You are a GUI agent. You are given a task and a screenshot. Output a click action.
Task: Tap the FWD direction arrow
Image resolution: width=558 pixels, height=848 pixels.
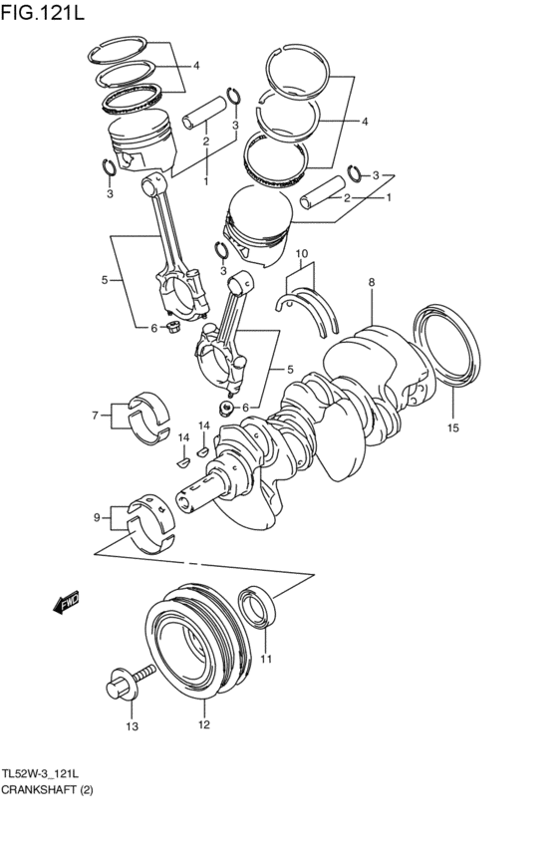click(x=67, y=602)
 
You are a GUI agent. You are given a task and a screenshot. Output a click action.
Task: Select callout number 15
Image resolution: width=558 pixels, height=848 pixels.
click(x=453, y=427)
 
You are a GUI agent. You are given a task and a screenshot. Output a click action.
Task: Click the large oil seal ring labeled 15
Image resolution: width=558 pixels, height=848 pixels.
click(x=447, y=346)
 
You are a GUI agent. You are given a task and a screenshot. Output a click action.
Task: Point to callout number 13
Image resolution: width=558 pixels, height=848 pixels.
click(x=132, y=726)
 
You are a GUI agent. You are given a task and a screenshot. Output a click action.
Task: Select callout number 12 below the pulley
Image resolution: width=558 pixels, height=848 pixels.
click(x=203, y=724)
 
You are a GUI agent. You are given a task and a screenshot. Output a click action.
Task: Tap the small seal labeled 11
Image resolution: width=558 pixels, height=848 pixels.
click(x=257, y=610)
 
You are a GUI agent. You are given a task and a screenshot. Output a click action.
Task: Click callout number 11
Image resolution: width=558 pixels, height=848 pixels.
click(x=266, y=660)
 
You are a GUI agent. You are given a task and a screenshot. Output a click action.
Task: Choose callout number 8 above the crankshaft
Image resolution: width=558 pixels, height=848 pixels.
click(x=372, y=282)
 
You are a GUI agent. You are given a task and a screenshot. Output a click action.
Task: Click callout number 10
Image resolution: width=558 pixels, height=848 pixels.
click(x=302, y=253)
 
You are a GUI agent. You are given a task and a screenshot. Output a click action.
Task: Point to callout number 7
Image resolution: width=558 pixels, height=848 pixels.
click(x=95, y=416)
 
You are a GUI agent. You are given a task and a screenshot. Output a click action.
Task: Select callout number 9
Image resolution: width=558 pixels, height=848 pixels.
click(x=97, y=517)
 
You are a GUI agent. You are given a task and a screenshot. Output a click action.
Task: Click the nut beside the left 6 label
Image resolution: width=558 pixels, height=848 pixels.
click(x=173, y=327)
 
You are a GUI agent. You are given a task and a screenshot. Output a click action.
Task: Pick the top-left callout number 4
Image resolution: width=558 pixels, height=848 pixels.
click(x=196, y=66)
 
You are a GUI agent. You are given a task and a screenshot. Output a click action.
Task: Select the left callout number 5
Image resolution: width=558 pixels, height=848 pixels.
click(x=105, y=280)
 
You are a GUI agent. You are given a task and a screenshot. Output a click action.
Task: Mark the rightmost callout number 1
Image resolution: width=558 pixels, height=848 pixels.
click(x=389, y=197)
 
